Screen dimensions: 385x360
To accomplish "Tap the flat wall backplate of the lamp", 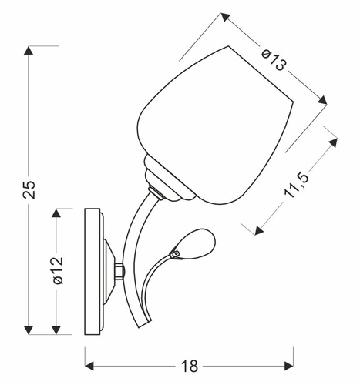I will point(93,272).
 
